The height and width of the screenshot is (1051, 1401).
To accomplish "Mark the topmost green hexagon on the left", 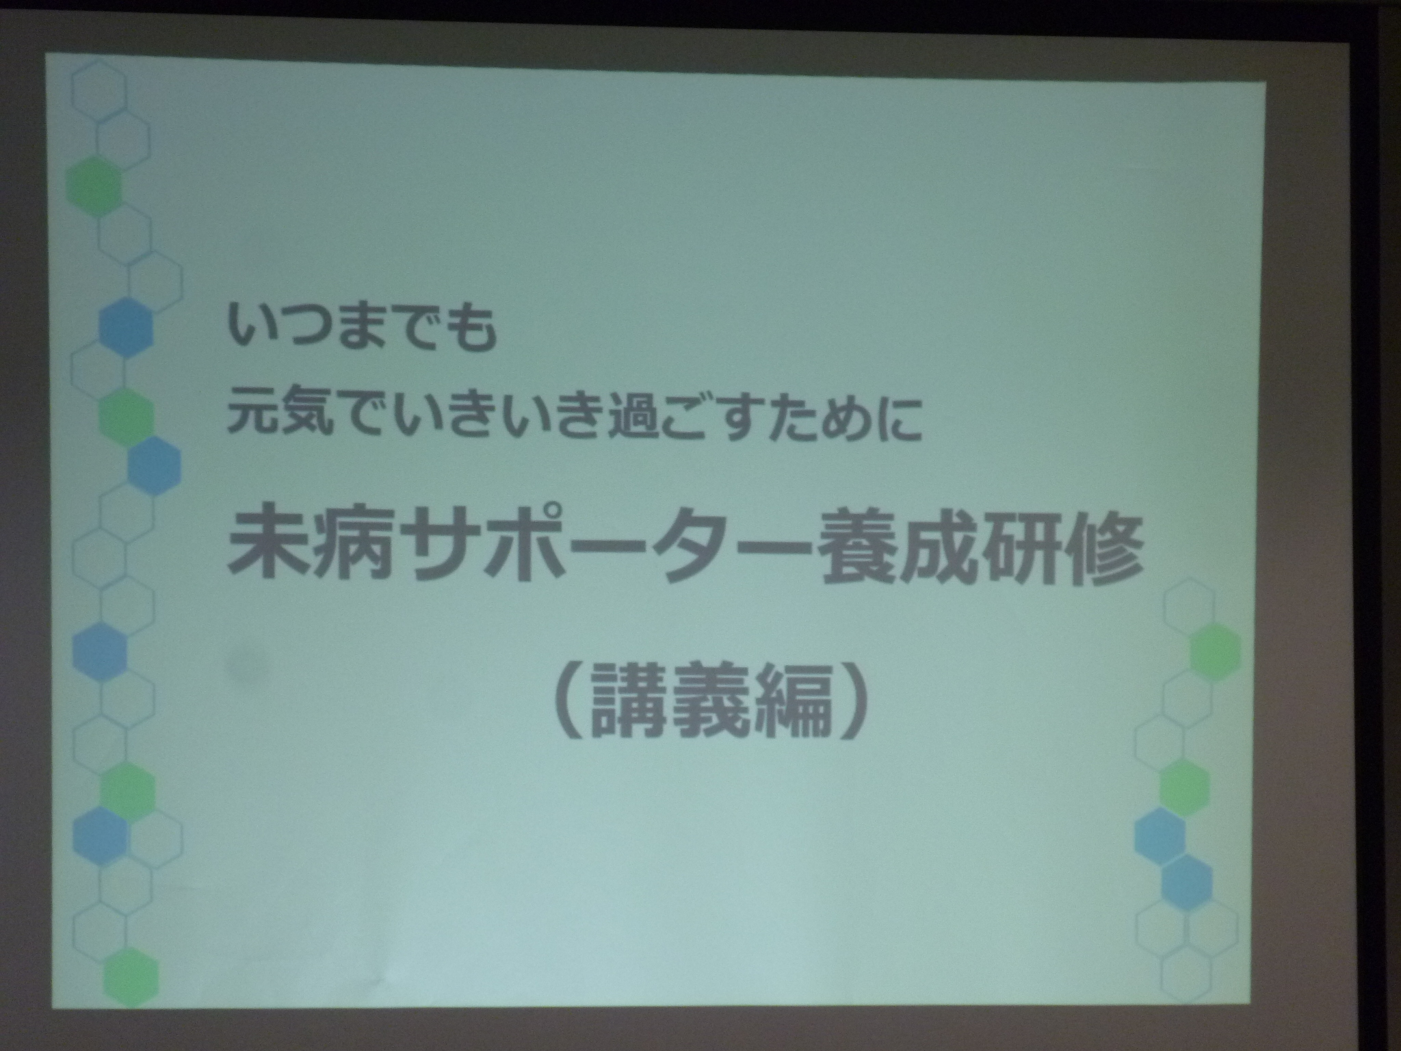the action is [94, 186].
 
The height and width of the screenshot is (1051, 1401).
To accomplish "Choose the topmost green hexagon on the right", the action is [1215, 649].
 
